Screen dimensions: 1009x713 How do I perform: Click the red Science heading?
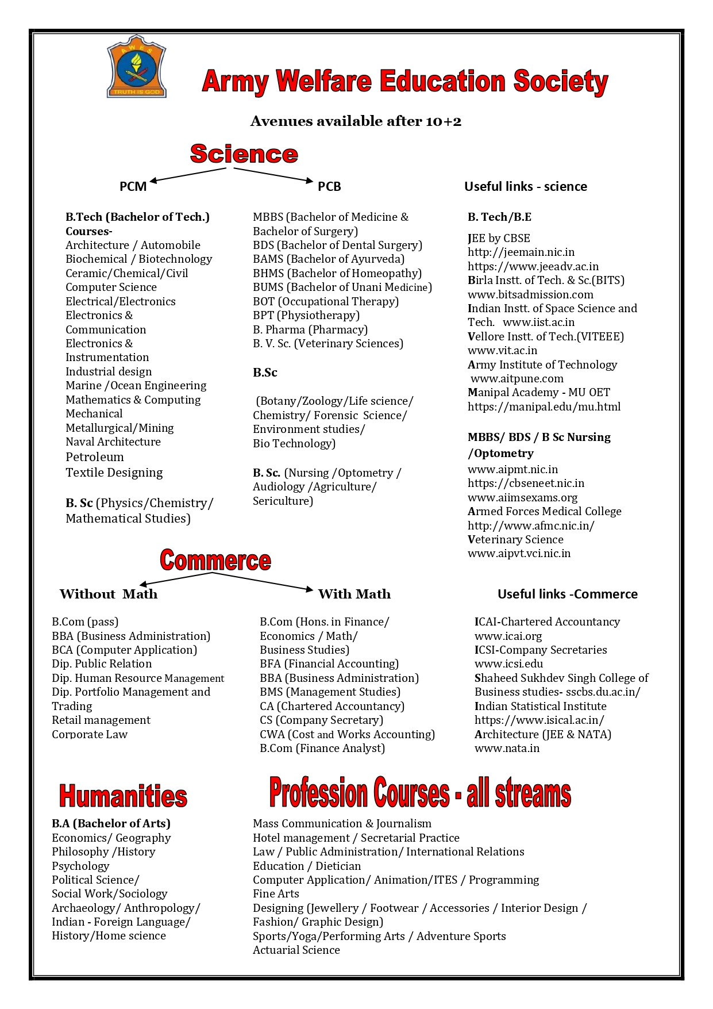(244, 154)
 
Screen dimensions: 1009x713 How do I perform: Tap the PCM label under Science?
(133, 186)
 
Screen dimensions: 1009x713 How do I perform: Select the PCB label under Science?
(329, 186)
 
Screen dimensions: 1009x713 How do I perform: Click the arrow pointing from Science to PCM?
(187, 175)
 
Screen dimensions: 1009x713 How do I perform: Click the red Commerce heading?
(215, 560)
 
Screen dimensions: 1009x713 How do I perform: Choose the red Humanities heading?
(123, 796)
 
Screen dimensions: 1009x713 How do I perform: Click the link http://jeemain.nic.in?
(521, 252)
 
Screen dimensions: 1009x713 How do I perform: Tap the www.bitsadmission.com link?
(530, 294)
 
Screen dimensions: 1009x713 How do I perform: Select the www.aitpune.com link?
(517, 378)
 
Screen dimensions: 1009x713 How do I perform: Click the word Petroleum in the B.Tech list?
(95, 457)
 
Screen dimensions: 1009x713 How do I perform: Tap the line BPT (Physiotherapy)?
(306, 315)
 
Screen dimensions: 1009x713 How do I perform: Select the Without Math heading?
(109, 594)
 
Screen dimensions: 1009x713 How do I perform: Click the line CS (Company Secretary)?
(321, 720)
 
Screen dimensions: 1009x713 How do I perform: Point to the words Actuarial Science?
(296, 950)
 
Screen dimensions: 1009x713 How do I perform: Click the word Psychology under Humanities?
(80, 866)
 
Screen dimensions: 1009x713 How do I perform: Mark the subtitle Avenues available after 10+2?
(356, 121)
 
